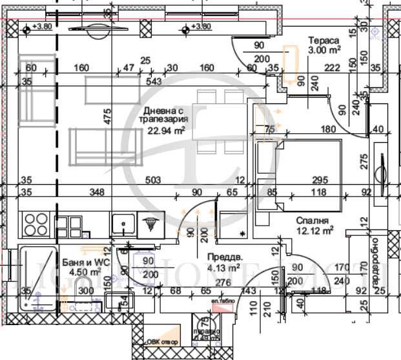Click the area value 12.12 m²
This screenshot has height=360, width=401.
click(314, 229)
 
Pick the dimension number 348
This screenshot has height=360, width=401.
click(98, 192)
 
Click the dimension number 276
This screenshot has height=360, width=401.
click(222, 282)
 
